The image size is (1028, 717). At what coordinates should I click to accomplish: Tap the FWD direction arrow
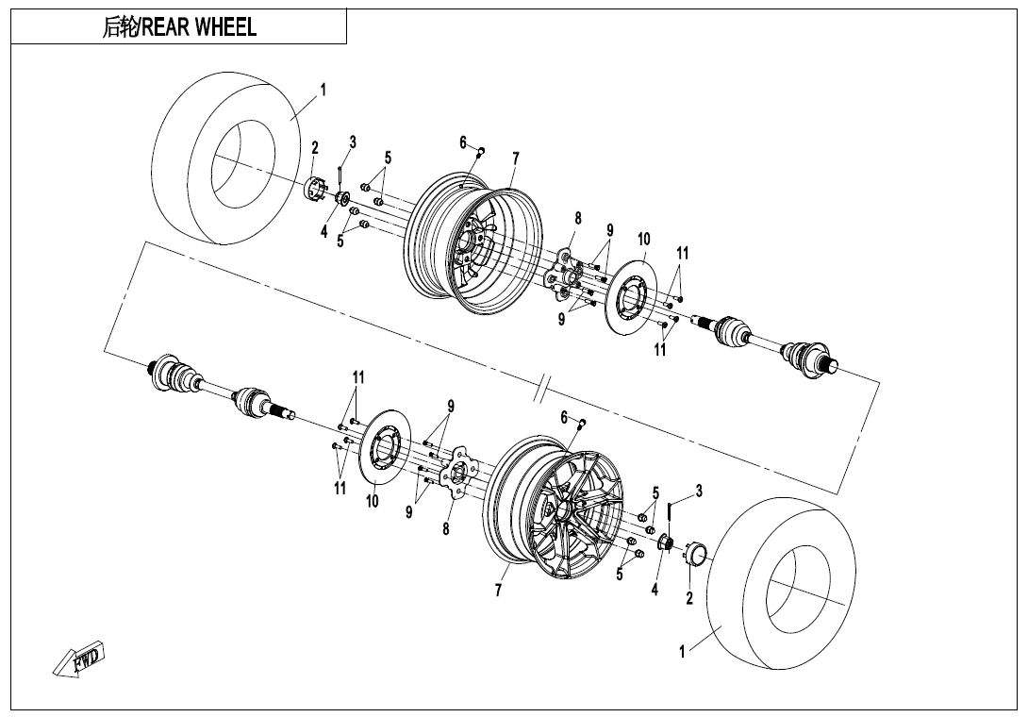pyautogui.click(x=79, y=659)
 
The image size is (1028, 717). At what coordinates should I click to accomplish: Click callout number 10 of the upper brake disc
pyautogui.click(x=643, y=240)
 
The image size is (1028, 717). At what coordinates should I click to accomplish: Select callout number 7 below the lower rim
pyautogui.click(x=498, y=591)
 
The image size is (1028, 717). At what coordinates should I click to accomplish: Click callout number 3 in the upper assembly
pyautogui.click(x=352, y=142)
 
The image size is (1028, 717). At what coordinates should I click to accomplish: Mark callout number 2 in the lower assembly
pyautogui.click(x=689, y=598)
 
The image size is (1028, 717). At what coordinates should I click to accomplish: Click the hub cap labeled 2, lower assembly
pyautogui.click(x=696, y=554)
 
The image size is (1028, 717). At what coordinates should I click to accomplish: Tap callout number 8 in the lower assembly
pyautogui.click(x=446, y=529)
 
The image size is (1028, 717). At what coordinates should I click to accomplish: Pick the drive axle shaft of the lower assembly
pyautogui.click(x=218, y=387)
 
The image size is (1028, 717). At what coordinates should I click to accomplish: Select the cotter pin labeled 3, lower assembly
pyautogui.click(x=670, y=509)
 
